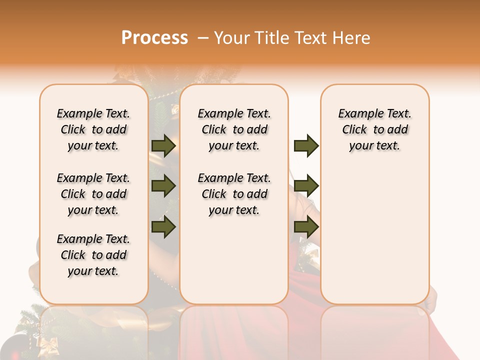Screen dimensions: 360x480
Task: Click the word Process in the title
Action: click(154, 37)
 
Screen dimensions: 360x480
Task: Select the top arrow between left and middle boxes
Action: click(163, 145)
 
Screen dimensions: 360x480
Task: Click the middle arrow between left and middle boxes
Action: click(163, 186)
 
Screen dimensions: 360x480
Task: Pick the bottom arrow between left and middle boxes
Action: click(163, 227)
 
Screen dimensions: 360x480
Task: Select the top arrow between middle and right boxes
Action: click(306, 145)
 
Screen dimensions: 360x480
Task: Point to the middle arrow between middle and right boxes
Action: click(306, 186)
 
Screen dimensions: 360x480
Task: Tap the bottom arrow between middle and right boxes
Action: click(306, 227)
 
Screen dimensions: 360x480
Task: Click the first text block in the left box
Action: click(93, 129)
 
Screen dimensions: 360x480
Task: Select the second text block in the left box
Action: click(93, 194)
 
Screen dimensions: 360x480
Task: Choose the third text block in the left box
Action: click(93, 255)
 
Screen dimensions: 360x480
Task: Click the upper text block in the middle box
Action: click(234, 129)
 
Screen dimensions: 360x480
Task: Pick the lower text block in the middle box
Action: click(234, 194)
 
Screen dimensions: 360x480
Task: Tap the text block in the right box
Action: click(375, 129)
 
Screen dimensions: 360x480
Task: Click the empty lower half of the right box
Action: click(375, 235)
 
